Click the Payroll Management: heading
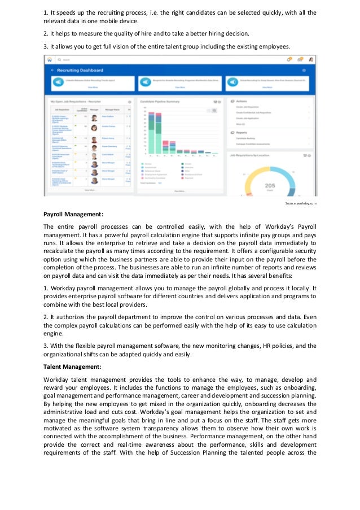[73, 215]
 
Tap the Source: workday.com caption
[301, 203]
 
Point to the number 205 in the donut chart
[270, 185]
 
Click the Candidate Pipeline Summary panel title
[164, 102]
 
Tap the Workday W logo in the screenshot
[50, 59]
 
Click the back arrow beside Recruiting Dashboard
[52, 70]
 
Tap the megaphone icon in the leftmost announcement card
[56, 82]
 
